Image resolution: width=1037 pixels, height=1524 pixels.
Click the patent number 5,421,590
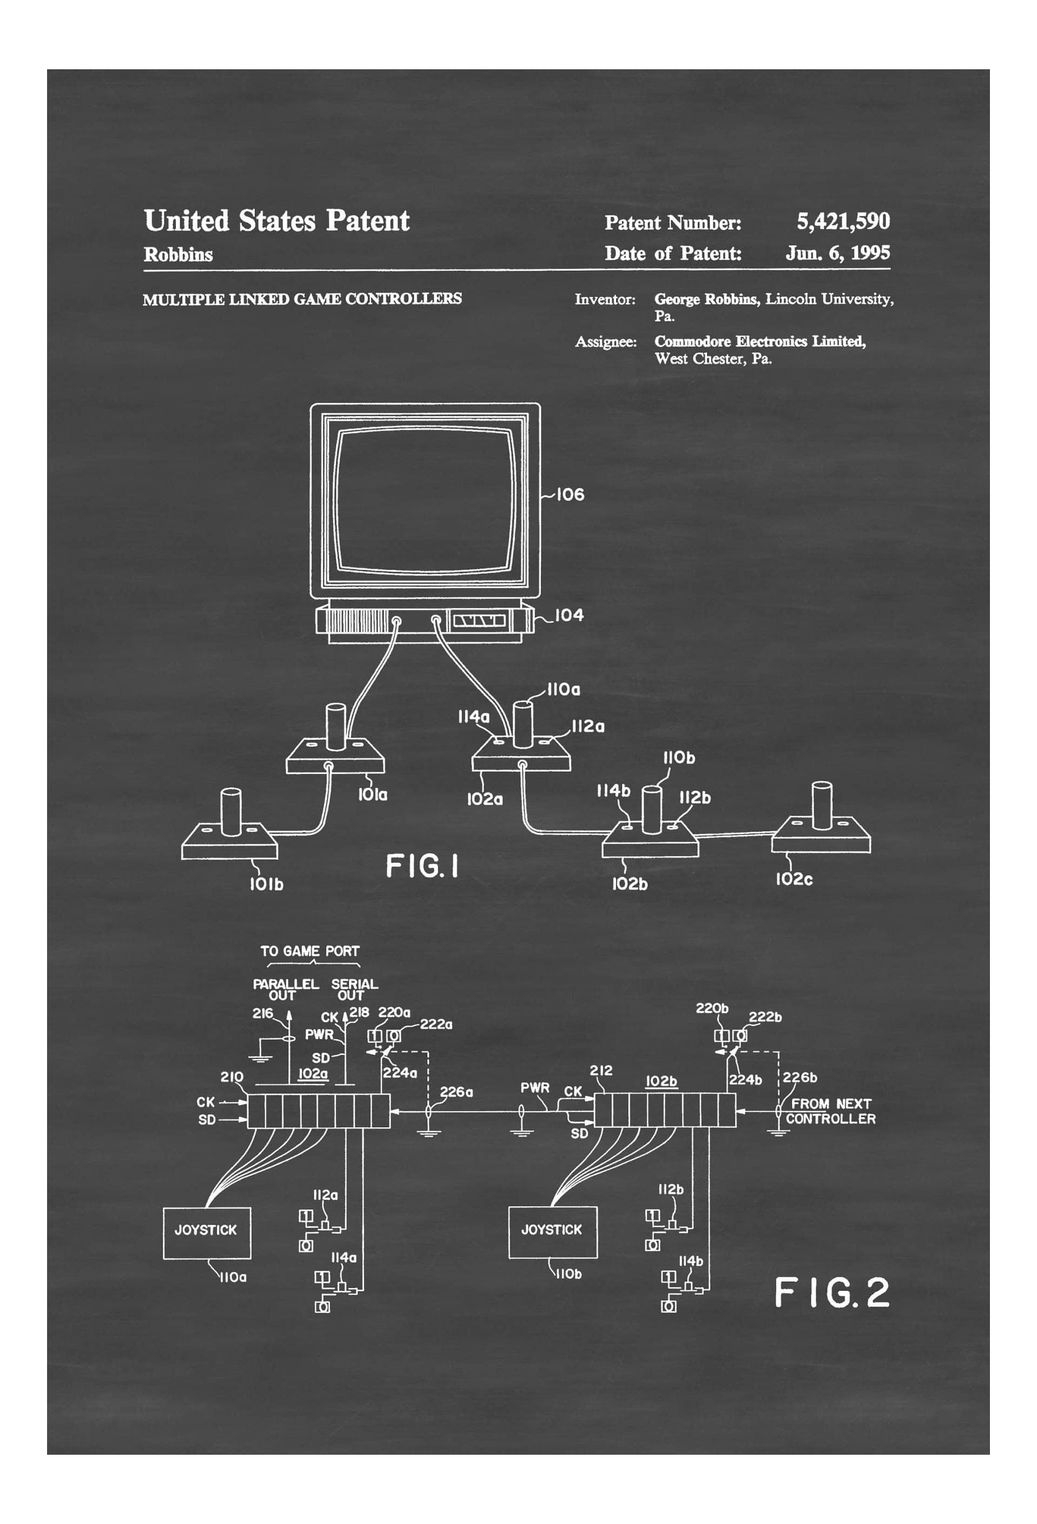tap(842, 222)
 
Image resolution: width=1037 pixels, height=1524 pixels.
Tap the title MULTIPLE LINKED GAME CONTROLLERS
tap(302, 299)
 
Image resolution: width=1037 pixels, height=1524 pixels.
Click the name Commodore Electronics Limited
tap(759, 341)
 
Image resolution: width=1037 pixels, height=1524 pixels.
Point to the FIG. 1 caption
tap(422, 866)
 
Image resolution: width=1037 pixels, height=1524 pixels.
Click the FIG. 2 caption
tap(831, 1292)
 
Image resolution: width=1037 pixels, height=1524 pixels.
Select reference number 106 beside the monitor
tap(570, 495)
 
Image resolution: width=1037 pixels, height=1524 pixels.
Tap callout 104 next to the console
tap(569, 615)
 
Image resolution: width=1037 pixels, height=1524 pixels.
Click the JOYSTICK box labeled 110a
tap(207, 1230)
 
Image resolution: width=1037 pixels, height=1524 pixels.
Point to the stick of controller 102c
tap(821, 805)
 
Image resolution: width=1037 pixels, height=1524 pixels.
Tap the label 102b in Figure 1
tap(629, 884)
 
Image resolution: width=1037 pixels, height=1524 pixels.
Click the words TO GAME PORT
tap(309, 951)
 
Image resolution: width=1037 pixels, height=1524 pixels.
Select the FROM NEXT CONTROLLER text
tap(830, 1112)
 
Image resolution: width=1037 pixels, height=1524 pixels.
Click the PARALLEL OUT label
tap(285, 989)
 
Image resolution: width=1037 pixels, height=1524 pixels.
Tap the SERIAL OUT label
tap(354, 989)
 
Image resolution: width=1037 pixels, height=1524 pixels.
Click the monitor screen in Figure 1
tap(424, 500)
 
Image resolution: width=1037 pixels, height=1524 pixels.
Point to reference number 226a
tap(455, 1091)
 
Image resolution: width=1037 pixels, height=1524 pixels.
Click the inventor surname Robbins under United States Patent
tap(179, 254)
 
